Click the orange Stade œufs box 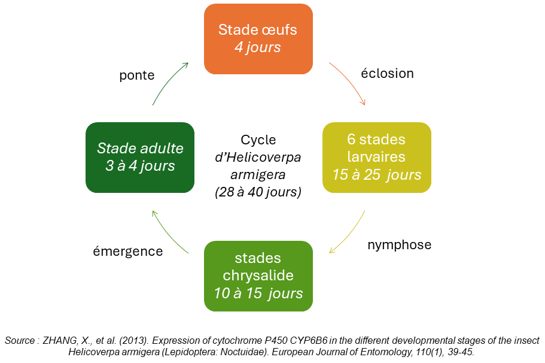(x=258, y=39)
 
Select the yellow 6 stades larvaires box (x=377, y=158)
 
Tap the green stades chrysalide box (x=258, y=276)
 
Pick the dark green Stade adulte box (x=140, y=158)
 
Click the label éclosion (x=387, y=74)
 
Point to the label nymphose (x=400, y=244)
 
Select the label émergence (x=128, y=251)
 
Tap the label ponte (x=136, y=75)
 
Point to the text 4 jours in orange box (x=258, y=47)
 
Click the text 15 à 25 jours (x=377, y=175)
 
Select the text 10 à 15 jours (x=258, y=294)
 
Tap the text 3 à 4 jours (x=140, y=166)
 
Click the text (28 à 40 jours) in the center (x=258, y=192)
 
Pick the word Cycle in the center (x=258, y=140)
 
